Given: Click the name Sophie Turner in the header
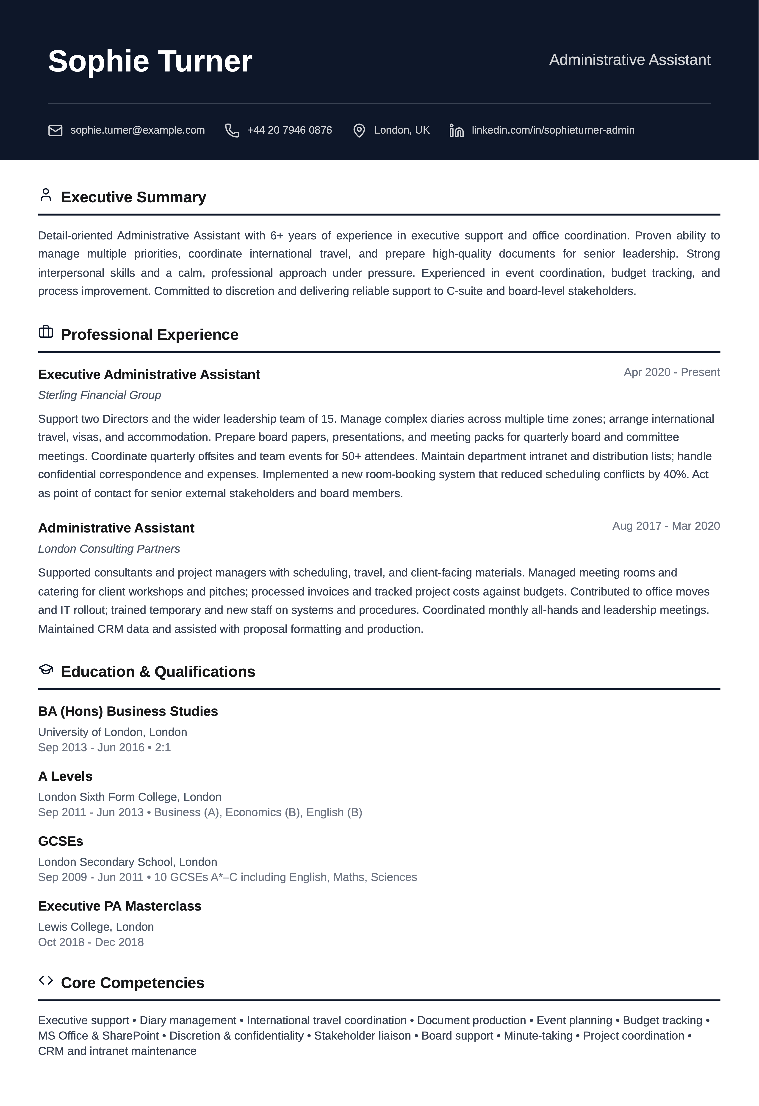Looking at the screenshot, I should point(150,61).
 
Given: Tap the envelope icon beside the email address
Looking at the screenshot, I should point(55,130).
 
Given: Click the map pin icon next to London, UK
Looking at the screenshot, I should point(359,130).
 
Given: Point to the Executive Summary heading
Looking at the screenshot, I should point(133,197).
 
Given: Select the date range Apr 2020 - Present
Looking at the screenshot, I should point(671,372).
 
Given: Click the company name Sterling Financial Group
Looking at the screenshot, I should point(100,395).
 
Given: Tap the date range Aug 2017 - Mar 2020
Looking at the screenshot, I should point(666,526).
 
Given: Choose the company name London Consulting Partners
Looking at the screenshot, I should point(109,549).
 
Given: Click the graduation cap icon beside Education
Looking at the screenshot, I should point(46,669).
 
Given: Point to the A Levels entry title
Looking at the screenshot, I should point(65,776).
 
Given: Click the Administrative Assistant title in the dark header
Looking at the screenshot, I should point(629,60).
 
